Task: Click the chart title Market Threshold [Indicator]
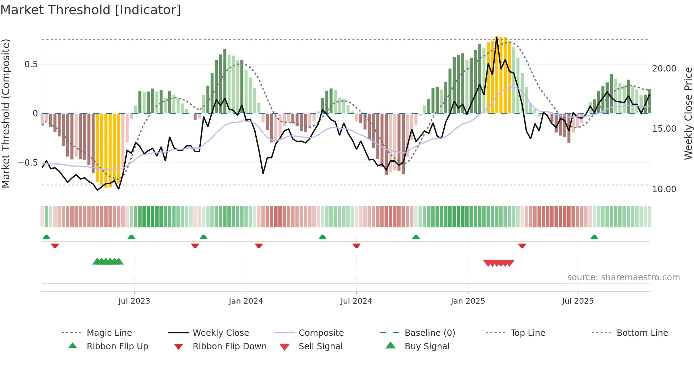[91, 10]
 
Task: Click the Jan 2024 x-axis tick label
[246, 301]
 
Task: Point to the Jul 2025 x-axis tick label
[578, 301]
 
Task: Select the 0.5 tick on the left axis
[31, 64]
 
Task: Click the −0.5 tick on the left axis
[28, 163]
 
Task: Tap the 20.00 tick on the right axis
[664, 69]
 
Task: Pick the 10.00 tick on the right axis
[664, 189]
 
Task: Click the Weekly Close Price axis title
[688, 113]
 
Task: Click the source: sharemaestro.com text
[623, 277]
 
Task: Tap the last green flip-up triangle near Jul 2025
[594, 237]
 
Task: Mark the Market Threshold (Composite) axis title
[6, 113]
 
